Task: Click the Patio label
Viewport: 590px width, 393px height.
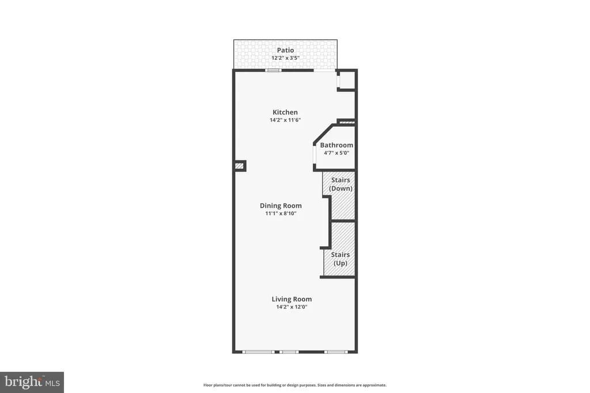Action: (285, 50)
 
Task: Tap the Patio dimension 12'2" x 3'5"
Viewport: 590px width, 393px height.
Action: (285, 58)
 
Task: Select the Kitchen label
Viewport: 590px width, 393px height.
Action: (285, 112)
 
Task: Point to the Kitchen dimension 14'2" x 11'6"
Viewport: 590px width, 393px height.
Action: (285, 120)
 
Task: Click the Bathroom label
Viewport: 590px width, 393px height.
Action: (336, 145)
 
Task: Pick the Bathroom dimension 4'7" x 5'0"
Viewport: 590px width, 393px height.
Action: (336, 153)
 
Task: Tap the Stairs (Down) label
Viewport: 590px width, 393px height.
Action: (341, 184)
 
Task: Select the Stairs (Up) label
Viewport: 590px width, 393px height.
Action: (341, 259)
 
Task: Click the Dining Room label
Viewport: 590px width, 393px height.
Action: (281, 205)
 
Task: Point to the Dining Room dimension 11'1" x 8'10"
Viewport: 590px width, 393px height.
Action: (281, 213)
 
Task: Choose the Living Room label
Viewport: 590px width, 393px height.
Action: (292, 299)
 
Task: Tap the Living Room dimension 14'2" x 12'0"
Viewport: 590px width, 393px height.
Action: (292, 307)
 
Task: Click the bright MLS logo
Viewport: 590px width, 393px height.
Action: (32, 383)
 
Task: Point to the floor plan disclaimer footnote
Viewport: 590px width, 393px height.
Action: (295, 385)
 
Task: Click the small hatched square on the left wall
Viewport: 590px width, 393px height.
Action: (239, 166)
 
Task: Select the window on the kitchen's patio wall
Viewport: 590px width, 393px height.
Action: (273, 70)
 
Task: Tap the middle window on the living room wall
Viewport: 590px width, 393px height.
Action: (289, 352)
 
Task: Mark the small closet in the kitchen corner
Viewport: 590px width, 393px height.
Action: (346, 79)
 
